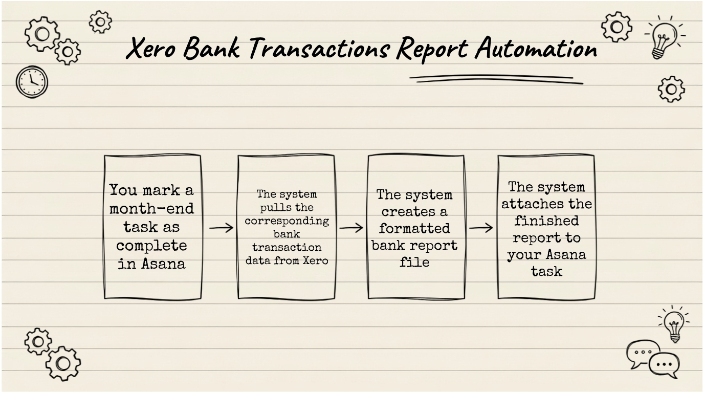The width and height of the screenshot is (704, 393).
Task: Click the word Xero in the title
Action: pos(150,48)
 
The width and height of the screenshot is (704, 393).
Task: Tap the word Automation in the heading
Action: pos(536,48)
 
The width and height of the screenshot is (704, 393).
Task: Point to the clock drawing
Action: pos(32,82)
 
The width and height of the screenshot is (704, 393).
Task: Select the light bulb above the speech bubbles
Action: pos(674,324)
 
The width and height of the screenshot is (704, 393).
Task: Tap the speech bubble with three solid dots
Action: pos(664,365)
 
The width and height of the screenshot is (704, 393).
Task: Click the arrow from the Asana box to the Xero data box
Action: pos(221,228)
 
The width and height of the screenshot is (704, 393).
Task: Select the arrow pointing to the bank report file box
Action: pos(351,228)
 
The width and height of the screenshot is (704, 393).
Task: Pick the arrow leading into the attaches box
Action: pos(481,228)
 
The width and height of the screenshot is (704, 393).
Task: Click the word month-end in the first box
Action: pos(152,208)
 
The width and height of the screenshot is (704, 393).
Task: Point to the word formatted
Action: pos(414,228)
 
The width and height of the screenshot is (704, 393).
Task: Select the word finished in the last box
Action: pos(546,221)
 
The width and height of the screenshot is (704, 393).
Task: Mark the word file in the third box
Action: pos(414,261)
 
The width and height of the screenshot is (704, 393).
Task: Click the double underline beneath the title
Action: pos(496,79)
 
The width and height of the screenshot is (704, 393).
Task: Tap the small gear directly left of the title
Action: pos(100,22)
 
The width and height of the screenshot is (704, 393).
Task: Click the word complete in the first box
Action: pos(151,245)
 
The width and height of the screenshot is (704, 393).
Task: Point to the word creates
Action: pos(404,212)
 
